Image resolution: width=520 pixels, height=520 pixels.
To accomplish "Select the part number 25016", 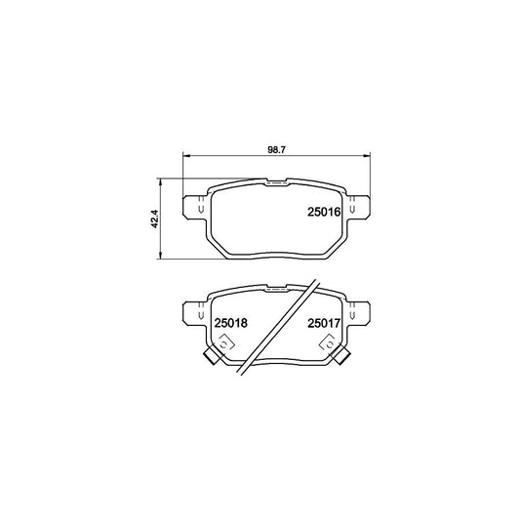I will tap(321, 210).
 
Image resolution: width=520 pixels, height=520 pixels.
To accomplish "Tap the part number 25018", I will tap(229, 318).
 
